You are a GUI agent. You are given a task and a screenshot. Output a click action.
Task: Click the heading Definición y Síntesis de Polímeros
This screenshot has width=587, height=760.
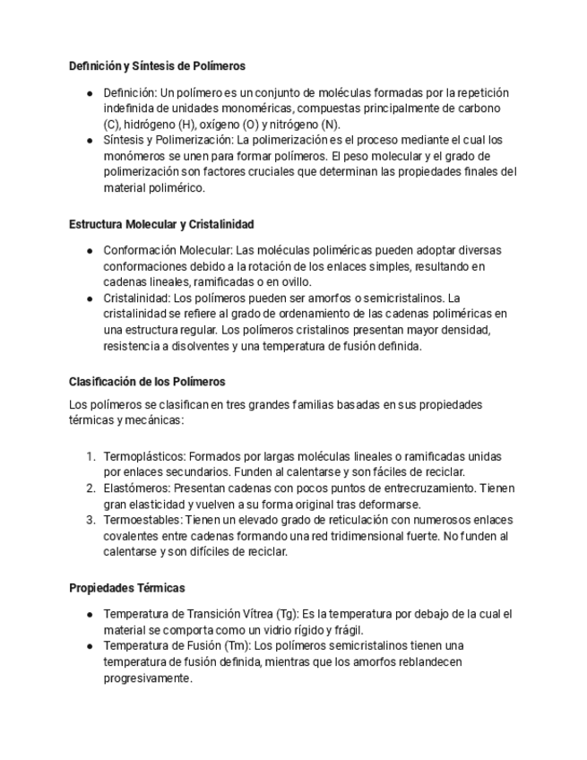(x=157, y=66)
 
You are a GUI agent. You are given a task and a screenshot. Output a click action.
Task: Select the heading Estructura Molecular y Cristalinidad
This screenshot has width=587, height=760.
(x=161, y=224)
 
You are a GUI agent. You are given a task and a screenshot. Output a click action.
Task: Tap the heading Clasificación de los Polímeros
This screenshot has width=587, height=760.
(x=147, y=382)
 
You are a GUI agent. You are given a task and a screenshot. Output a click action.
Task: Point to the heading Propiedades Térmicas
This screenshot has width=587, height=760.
(x=127, y=588)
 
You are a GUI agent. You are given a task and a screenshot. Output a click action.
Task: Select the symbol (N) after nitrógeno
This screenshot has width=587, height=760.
(x=330, y=125)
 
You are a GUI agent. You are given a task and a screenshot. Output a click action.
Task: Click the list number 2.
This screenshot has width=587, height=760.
(x=91, y=488)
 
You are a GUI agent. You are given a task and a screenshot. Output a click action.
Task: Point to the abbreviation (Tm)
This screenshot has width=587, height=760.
(x=237, y=645)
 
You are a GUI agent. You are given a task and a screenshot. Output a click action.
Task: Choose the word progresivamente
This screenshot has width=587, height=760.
(x=148, y=678)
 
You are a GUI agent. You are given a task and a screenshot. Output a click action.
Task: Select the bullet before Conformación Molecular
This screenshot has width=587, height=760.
(x=90, y=250)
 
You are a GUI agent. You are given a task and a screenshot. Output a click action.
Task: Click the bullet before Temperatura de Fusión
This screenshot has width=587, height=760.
(x=90, y=645)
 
